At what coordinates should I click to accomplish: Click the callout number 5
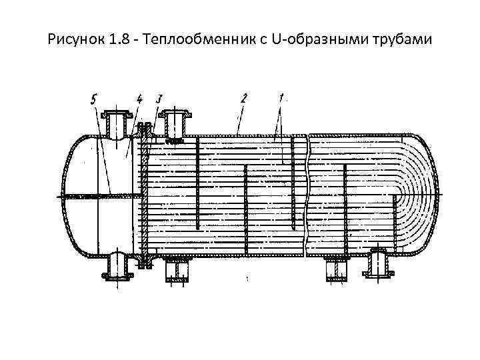point(94,100)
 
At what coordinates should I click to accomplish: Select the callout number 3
point(159,99)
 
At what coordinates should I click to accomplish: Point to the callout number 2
point(244,99)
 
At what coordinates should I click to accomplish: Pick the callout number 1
point(282,98)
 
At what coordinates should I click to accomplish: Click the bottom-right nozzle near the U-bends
point(377,263)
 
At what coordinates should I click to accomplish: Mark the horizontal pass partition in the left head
point(100,195)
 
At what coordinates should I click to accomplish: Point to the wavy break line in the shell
point(306,193)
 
